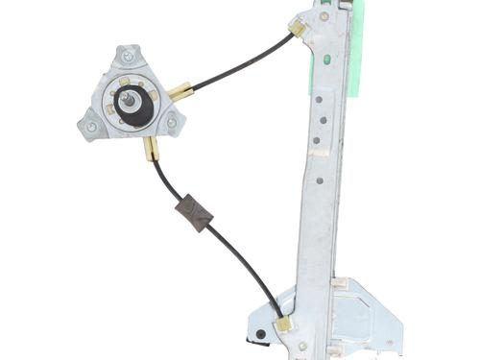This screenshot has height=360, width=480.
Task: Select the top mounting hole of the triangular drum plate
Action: (127, 56)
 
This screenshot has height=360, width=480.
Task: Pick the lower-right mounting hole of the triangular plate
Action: (172, 121)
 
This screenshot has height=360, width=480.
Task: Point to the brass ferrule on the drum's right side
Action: (180, 93)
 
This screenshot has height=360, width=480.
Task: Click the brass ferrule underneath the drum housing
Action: (151, 148)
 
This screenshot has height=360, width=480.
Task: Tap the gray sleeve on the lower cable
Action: (195, 213)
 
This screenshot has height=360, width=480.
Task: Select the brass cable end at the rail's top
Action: (298, 30)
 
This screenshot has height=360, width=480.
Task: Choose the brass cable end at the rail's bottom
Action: (282, 324)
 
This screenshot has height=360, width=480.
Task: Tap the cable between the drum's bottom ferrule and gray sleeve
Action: (168, 182)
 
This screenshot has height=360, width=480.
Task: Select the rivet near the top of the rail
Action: (324, 16)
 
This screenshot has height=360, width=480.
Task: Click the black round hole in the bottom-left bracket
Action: (260, 333)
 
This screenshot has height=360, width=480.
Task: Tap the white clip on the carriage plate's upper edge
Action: (339, 282)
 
